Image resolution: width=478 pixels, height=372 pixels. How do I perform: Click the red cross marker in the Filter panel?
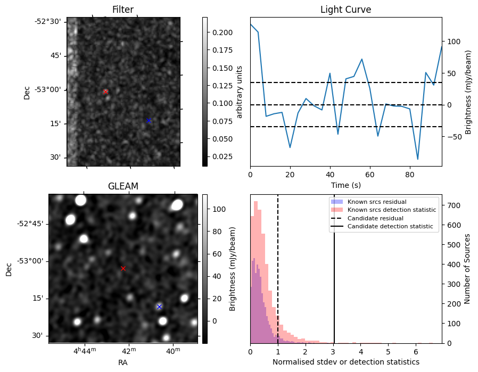coord(105,92)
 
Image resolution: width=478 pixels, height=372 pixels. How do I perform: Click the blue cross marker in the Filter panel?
coord(149,120)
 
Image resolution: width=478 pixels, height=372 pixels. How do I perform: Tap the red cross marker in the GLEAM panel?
coord(123,268)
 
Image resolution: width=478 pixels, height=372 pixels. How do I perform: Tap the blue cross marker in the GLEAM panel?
coord(159,307)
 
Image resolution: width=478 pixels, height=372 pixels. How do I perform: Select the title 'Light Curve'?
coord(345,10)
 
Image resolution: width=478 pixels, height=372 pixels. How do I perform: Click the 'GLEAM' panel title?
coord(123,186)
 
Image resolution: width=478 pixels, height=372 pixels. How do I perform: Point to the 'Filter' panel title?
coord(123,10)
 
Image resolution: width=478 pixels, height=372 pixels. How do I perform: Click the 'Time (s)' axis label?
coord(345,185)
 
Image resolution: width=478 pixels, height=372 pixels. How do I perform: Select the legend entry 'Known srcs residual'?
coord(376,202)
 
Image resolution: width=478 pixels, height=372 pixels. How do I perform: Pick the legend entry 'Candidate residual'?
coord(375,218)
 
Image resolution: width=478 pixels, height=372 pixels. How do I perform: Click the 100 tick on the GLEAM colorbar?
coord(217,209)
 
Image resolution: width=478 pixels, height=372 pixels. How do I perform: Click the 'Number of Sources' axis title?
coord(467,268)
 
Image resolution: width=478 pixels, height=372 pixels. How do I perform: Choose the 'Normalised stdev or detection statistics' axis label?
coord(345,362)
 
